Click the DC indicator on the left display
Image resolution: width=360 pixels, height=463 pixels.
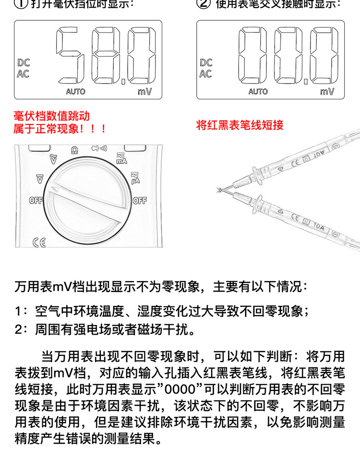[x=24, y=62]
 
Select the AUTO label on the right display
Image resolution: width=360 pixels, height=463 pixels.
[x=258, y=91]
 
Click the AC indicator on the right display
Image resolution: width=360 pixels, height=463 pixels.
[x=205, y=74]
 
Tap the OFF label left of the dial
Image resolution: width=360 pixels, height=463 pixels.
[x=36, y=201]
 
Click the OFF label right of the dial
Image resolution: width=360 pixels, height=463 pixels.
[x=139, y=201]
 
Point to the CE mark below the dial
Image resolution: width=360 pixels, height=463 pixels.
[x=39, y=243]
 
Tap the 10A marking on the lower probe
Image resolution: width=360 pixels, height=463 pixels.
[x=319, y=224]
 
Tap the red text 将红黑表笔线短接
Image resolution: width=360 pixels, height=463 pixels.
[x=240, y=125]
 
